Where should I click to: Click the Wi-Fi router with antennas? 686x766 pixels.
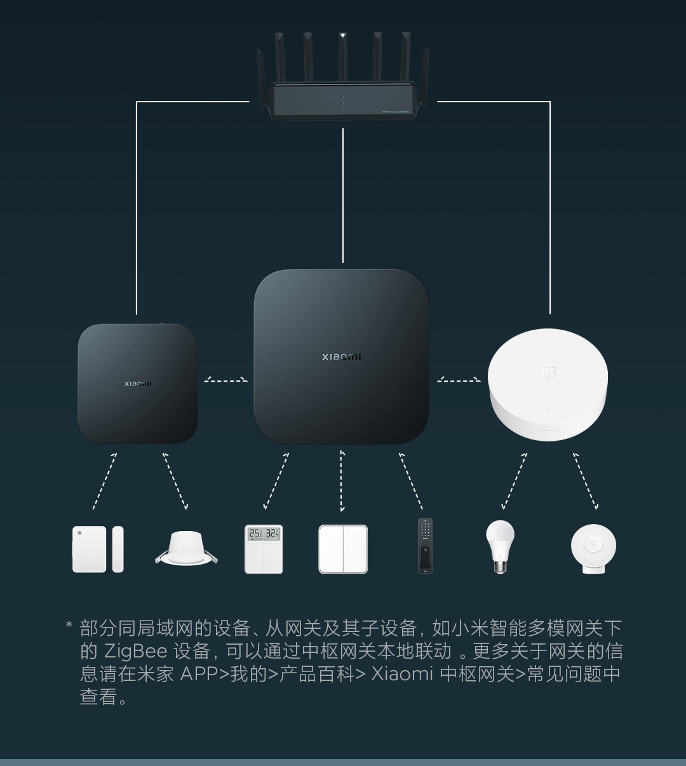tap(342, 77)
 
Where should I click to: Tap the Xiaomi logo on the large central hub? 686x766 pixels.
tap(342, 357)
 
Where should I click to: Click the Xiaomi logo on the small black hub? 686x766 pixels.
tap(138, 384)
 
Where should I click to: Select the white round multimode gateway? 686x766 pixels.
tap(548, 384)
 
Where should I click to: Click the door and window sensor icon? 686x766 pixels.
tap(98, 549)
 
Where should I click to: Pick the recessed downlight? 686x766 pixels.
tap(186, 548)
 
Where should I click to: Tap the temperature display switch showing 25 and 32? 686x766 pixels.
tap(264, 549)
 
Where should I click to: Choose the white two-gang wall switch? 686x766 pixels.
tap(343, 549)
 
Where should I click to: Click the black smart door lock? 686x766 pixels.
tap(425, 546)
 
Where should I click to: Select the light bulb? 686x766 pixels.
tap(500, 547)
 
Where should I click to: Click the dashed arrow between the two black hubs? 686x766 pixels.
tap(225, 380)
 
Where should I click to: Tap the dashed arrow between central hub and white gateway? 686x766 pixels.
tap(459, 380)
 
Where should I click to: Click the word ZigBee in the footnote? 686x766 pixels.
tap(135, 651)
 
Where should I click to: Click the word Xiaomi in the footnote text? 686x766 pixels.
tap(402, 673)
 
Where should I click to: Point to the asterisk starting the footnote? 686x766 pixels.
tap(69, 624)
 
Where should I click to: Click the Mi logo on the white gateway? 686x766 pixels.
tap(548, 373)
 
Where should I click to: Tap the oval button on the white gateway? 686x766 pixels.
tap(548, 431)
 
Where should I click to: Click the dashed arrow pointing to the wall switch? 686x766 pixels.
tap(342, 481)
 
